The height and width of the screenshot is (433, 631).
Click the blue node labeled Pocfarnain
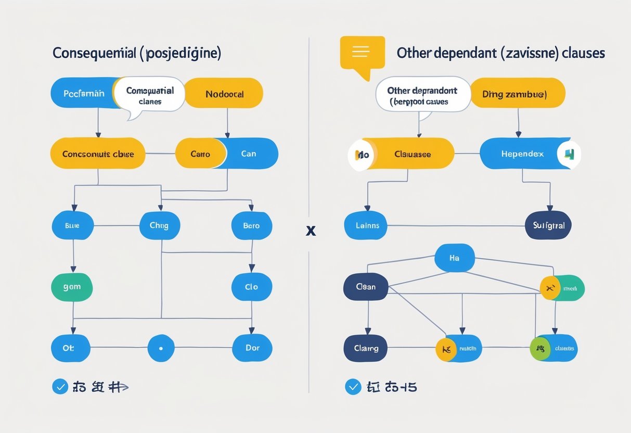point(83,93)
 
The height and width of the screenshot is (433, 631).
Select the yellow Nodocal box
point(224,94)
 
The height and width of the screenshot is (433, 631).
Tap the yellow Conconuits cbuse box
point(98,154)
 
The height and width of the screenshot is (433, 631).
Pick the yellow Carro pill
point(200,154)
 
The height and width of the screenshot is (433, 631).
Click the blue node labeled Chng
point(160,226)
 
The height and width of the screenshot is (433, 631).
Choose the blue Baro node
point(252,226)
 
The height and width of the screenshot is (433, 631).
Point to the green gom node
point(72,287)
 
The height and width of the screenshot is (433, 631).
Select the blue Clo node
point(252,287)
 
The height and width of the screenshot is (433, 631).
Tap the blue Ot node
point(70,348)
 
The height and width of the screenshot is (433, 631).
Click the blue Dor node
point(252,348)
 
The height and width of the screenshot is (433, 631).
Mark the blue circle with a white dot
point(160,348)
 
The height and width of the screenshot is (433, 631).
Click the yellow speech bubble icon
point(362,53)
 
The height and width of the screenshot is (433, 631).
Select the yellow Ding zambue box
point(518,95)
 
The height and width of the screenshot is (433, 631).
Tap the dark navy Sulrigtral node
point(548,226)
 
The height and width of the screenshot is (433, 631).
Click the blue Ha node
point(454,258)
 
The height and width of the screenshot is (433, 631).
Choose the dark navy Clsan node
point(366,287)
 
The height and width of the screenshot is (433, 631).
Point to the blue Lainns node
point(367,226)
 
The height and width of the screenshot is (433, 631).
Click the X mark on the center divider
point(311,230)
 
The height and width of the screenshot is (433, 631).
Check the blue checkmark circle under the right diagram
point(353,387)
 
